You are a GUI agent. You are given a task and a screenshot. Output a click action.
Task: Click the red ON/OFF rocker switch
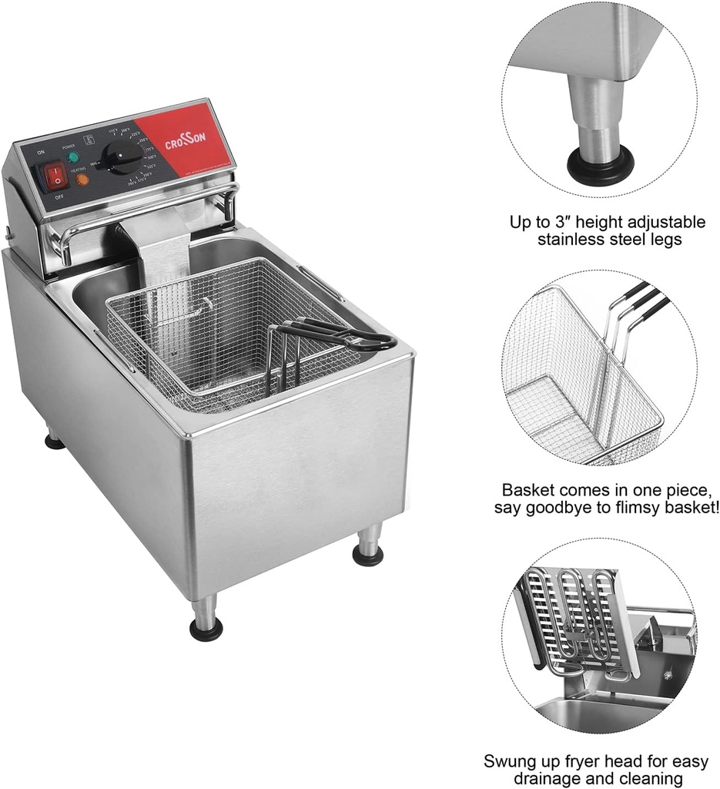pyautogui.click(x=55, y=177)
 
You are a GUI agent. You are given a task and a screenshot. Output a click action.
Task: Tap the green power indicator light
pyautogui.click(x=73, y=157)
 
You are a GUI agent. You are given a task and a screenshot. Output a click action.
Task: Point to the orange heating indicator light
pyautogui.click(x=82, y=180)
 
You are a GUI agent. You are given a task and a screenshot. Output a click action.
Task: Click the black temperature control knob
pyautogui.click(x=124, y=158)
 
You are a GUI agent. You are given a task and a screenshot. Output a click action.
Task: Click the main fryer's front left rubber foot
pyautogui.click(x=206, y=627)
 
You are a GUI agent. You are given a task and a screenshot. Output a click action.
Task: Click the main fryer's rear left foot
pyautogui.click(x=54, y=441)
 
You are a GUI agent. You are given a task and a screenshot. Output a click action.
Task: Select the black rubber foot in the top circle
pyautogui.click(x=600, y=163)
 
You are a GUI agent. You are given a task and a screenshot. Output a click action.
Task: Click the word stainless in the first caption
pyautogui.click(x=572, y=240)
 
